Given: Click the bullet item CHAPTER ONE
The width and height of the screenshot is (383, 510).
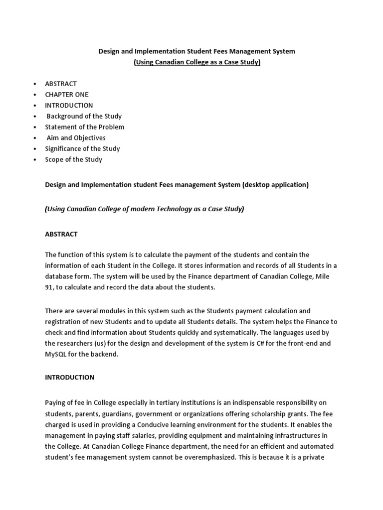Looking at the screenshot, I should (66, 95).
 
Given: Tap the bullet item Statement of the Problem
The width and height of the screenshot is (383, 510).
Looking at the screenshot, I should (84, 127).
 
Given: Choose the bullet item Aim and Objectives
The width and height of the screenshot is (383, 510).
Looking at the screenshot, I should (76, 138).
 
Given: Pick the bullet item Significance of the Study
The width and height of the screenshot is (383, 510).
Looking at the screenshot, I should (82, 148).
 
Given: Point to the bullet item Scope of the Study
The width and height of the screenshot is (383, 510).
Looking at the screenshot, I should (73, 159).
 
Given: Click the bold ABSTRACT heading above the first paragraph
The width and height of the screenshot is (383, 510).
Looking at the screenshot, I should (61, 234).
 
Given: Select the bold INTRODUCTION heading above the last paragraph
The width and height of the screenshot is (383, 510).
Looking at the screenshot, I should (69, 378).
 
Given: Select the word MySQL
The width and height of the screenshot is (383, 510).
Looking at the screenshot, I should (55, 355).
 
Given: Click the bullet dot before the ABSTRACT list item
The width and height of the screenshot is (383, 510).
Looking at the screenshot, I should (34, 84).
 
